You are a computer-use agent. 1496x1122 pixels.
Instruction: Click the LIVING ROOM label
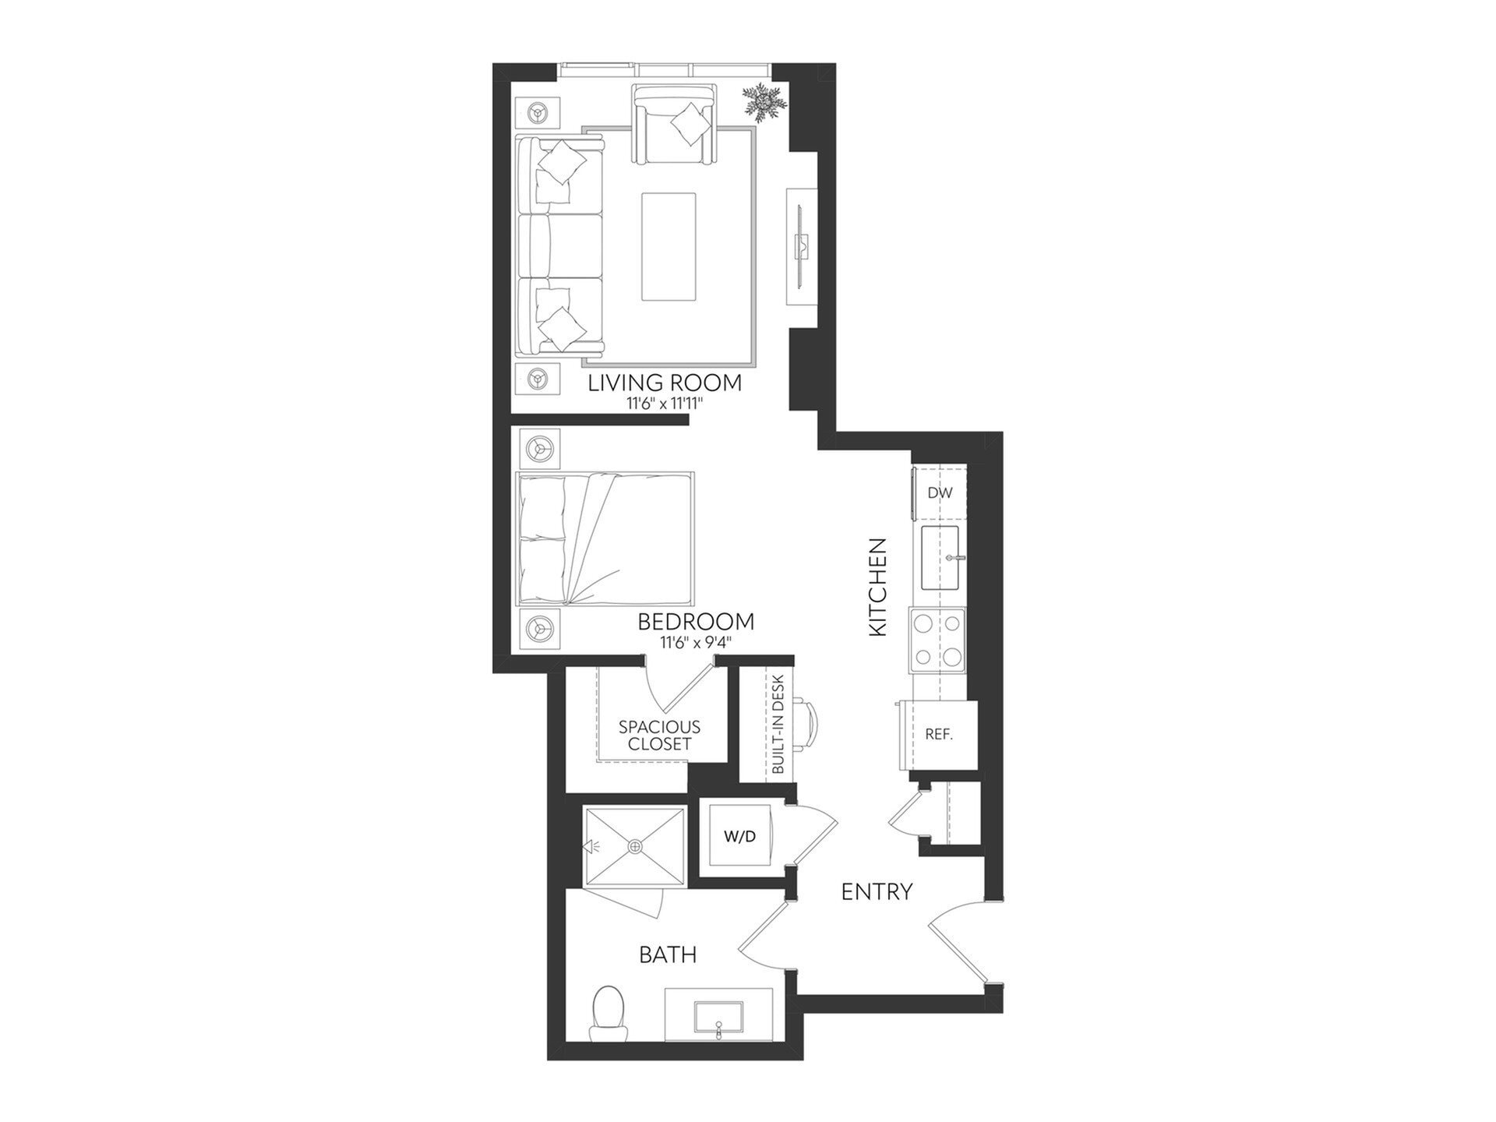coord(665,383)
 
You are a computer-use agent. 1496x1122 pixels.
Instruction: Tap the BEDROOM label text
coord(696,622)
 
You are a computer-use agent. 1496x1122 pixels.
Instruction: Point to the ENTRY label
coord(877,891)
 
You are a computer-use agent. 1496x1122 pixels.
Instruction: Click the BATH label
coord(668,954)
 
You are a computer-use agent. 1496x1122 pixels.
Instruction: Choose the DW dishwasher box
coord(940,493)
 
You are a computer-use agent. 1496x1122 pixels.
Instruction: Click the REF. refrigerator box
coord(939,735)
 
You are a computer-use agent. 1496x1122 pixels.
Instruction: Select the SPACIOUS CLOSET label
coord(659,735)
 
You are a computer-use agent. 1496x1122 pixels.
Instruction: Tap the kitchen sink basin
coord(940,557)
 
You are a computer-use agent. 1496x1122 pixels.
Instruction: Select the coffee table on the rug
coord(669,246)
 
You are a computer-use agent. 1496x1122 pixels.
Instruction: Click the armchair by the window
coord(675,125)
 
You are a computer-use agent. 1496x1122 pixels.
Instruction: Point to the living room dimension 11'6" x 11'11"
coord(665,404)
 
